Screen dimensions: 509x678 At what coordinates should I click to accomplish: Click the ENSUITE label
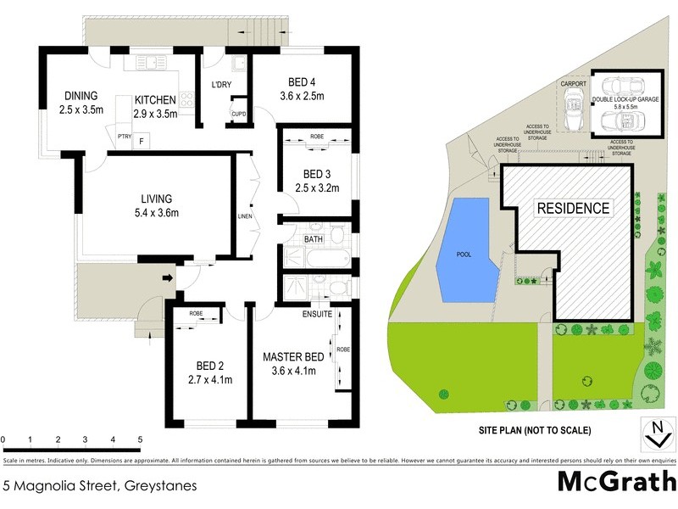point(316,314)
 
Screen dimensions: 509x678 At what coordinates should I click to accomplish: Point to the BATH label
point(314,240)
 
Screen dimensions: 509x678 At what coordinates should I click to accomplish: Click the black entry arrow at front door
point(169,277)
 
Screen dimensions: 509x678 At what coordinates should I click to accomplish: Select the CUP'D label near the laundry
point(238,115)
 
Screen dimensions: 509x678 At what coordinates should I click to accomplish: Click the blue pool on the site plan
point(464,252)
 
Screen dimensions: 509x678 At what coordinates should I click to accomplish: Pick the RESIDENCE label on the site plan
point(571,209)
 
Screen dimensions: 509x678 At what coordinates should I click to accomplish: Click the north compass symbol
point(653,433)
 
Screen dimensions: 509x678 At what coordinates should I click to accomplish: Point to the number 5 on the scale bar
point(140,439)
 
